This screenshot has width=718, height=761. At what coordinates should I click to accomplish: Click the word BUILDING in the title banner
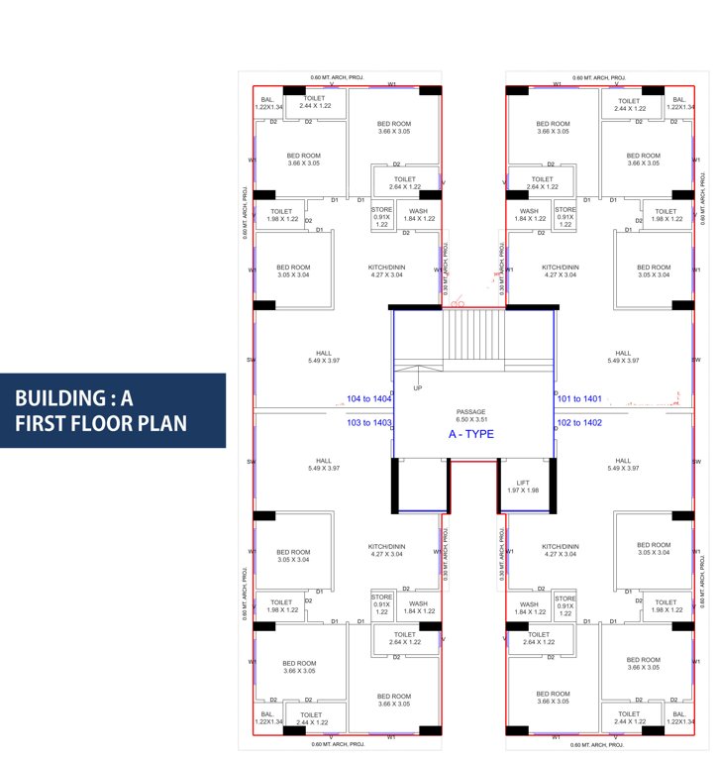[58, 399]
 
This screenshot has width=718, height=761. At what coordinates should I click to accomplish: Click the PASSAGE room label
[470, 411]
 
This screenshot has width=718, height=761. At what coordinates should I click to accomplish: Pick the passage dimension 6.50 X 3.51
[470, 420]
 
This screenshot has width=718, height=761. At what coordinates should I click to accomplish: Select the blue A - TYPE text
[470, 434]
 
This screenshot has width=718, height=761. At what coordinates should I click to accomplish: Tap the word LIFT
[523, 482]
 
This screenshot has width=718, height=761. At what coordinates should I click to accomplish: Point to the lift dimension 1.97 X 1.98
[523, 490]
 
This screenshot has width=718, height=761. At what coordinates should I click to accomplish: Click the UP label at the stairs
[418, 387]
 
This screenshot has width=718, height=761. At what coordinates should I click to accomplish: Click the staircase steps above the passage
[473, 338]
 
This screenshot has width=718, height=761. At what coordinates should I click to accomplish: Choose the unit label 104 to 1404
[368, 399]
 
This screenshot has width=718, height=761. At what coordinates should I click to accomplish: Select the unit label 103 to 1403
[368, 423]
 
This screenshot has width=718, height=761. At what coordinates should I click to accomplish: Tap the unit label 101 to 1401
[579, 399]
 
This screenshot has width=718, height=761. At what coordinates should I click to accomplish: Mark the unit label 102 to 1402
[579, 423]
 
